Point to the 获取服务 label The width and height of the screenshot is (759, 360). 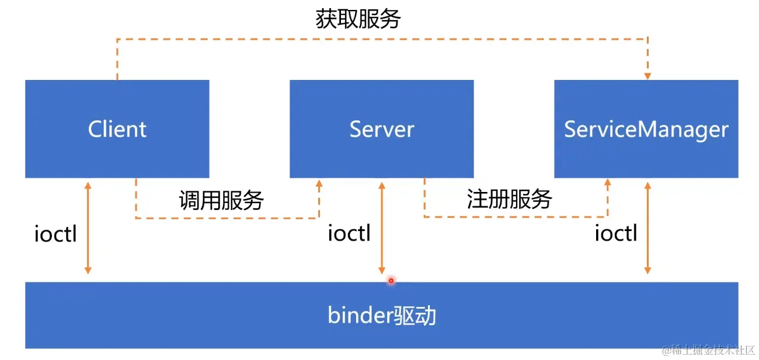click(x=358, y=19)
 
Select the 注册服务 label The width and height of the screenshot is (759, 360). click(x=509, y=200)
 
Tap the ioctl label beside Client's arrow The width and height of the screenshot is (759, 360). click(x=55, y=234)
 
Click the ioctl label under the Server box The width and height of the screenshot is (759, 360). click(x=349, y=233)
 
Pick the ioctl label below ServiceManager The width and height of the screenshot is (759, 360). click(x=616, y=233)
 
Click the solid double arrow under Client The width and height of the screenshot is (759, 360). click(x=88, y=228)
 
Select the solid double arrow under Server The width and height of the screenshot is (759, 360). click(x=382, y=228)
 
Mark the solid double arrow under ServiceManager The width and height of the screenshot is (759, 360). click(x=647, y=228)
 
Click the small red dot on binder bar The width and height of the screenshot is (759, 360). click(x=391, y=281)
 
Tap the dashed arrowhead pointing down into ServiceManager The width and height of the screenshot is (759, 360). click(x=647, y=75)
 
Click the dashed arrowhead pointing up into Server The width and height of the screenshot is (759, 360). click(x=319, y=183)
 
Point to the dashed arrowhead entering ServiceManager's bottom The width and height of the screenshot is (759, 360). click(x=607, y=183)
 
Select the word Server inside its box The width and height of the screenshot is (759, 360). click(x=381, y=129)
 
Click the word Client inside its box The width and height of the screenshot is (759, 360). click(x=117, y=129)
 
